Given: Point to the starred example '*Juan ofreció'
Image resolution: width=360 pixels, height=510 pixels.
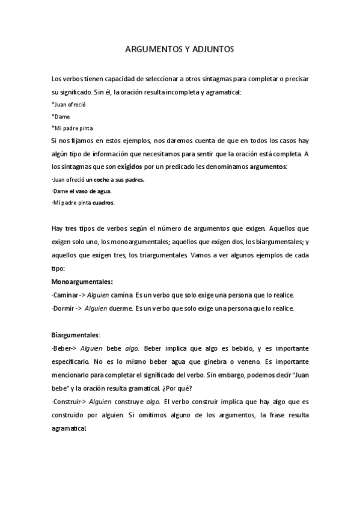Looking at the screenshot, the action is click(69, 105).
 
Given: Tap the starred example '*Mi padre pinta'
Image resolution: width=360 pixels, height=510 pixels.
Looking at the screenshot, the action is click(73, 128).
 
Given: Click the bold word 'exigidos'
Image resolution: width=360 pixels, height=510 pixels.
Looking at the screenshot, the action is click(131, 166).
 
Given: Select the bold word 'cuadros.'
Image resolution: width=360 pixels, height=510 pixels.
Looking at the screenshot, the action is click(103, 203).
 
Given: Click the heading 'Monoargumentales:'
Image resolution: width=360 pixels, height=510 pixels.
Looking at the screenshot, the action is click(82, 281).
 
